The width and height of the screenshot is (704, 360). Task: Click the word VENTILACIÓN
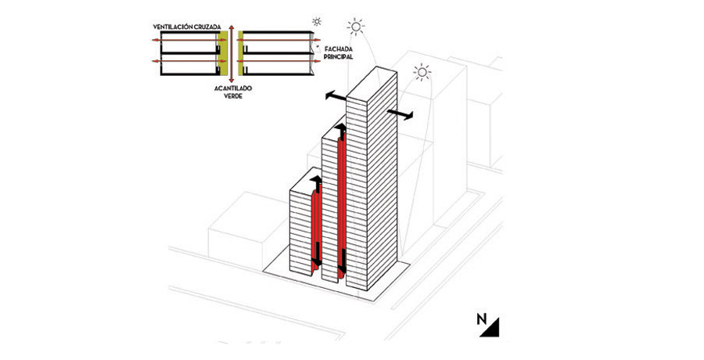(x=174, y=27)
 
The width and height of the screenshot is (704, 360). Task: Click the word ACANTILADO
(x=230, y=90)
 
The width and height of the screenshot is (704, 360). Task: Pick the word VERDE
(x=230, y=99)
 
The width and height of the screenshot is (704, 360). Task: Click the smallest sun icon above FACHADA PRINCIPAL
(x=316, y=21)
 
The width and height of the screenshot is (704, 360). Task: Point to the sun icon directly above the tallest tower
(x=356, y=27)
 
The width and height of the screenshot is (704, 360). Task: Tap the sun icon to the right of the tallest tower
(x=422, y=74)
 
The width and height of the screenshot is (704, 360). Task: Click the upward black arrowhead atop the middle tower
(x=340, y=128)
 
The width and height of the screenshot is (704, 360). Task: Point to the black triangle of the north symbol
(x=493, y=329)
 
